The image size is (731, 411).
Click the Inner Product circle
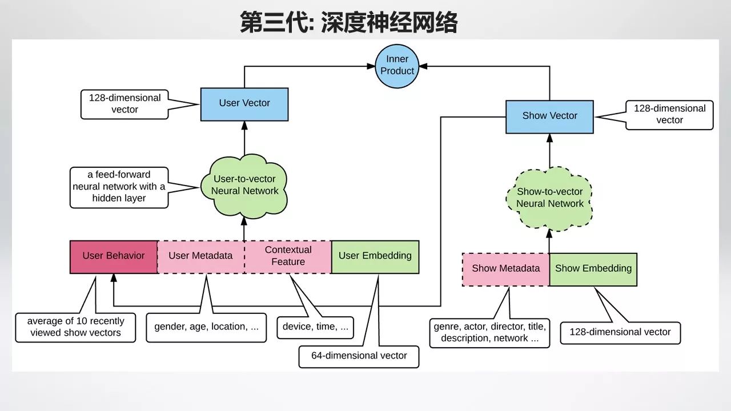click(x=397, y=65)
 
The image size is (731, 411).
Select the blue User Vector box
click(x=244, y=103)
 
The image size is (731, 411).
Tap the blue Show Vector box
click(x=549, y=116)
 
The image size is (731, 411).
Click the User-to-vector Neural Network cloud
click(x=244, y=185)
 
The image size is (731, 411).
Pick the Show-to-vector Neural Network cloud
click(x=549, y=198)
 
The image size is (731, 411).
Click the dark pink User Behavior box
click(x=113, y=256)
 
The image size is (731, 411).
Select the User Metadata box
click(x=200, y=256)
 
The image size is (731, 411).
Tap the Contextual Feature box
click(x=288, y=256)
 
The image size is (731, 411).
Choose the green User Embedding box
click(x=375, y=256)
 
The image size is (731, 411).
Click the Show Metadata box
click(x=505, y=269)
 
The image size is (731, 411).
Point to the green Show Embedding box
click(x=593, y=269)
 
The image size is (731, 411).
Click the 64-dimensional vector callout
click(x=359, y=356)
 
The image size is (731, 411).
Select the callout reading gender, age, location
click(x=206, y=328)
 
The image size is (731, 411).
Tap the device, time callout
click(x=315, y=328)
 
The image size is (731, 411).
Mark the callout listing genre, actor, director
click(x=489, y=333)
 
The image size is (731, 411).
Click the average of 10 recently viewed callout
click(x=75, y=327)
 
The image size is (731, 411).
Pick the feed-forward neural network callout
click(x=119, y=187)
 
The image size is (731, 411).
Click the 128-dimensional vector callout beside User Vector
click(x=124, y=104)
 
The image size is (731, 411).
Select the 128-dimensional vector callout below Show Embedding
click(x=620, y=332)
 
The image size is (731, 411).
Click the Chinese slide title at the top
click(x=348, y=23)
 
